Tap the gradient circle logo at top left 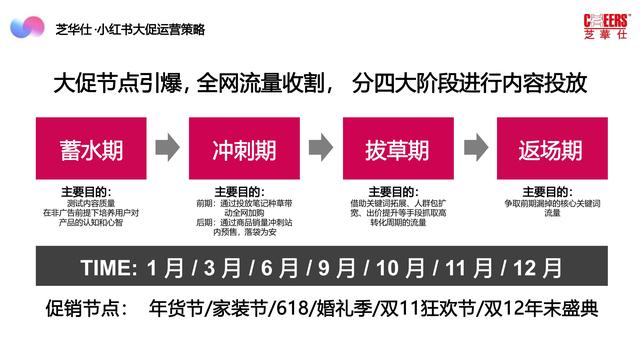28,28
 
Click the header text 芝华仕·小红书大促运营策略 122,29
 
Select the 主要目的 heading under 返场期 551,188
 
